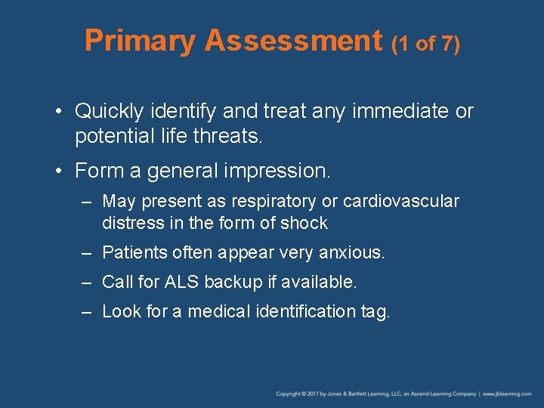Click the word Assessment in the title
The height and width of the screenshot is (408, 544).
pos(293,41)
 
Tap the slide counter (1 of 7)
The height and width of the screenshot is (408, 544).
pos(425,43)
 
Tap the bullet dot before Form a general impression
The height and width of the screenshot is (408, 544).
pos(59,172)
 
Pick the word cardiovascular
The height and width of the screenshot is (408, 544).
pos(400,202)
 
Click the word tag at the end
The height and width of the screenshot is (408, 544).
pos(376,312)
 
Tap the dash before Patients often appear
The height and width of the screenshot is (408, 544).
pos(88,252)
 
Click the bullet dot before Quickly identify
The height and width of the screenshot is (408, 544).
pos(59,112)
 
